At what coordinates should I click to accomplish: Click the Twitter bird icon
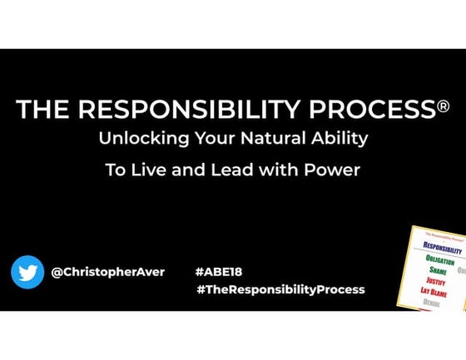tap(27, 271)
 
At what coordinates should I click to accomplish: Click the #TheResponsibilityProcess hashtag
tap(280, 289)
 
